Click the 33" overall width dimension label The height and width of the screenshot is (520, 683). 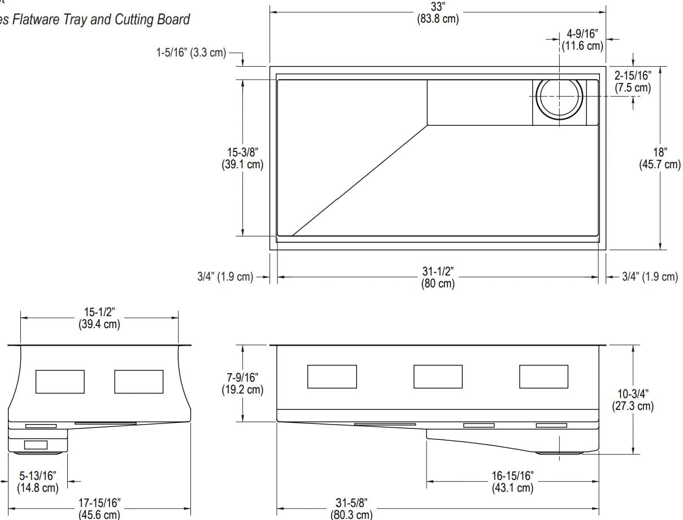click(438, 13)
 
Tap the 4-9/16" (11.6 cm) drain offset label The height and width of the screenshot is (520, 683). click(582, 40)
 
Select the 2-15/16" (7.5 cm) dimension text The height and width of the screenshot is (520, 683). click(633, 81)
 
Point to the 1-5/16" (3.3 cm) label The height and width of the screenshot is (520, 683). click(191, 53)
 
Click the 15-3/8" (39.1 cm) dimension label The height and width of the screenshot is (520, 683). click(242, 158)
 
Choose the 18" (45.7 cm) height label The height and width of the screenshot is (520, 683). click(660, 158)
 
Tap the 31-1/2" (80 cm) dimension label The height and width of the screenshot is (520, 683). click(438, 277)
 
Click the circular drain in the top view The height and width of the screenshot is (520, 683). click(559, 96)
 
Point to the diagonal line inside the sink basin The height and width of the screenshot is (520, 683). click(360, 180)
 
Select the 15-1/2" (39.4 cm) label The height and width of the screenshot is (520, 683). click(99, 318)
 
